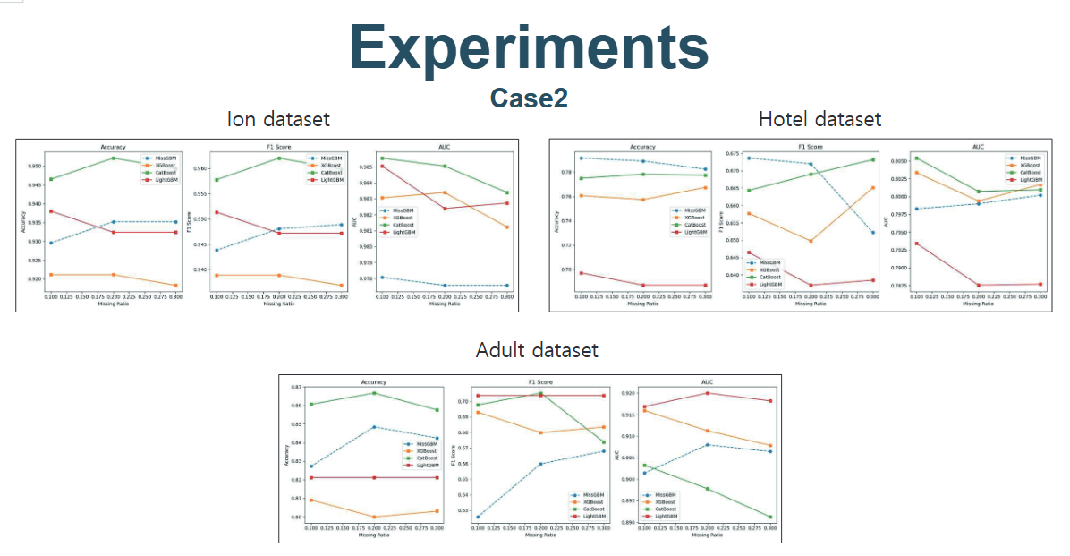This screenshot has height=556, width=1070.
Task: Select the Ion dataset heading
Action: (278, 119)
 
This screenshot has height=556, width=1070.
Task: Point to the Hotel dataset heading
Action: (819, 119)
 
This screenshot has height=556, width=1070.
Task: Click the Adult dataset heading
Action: (537, 350)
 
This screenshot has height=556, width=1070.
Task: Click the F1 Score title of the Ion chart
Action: (278, 146)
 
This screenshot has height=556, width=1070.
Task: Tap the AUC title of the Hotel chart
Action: (977, 146)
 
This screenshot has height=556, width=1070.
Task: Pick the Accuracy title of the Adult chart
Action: (373, 381)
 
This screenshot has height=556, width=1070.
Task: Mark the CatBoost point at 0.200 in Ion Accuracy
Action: (113, 158)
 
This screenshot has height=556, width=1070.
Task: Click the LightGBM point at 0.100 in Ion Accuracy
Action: (51, 211)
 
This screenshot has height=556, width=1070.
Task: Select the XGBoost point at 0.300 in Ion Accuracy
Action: (175, 286)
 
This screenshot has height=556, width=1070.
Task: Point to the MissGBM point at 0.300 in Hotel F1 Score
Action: (872, 233)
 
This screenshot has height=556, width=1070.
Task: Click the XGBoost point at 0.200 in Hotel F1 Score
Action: (811, 241)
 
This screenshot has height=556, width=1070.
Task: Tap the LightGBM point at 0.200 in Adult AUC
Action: (708, 393)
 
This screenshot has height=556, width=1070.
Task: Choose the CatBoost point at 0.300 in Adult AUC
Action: (770, 517)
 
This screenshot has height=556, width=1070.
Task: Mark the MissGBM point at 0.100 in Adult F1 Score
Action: (478, 517)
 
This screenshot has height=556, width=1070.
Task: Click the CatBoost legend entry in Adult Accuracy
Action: (427, 458)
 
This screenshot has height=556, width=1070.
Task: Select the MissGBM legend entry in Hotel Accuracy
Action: (690, 210)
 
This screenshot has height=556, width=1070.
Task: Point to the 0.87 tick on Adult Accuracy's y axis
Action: (298, 387)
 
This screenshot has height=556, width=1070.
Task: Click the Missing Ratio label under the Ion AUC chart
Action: (444, 304)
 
